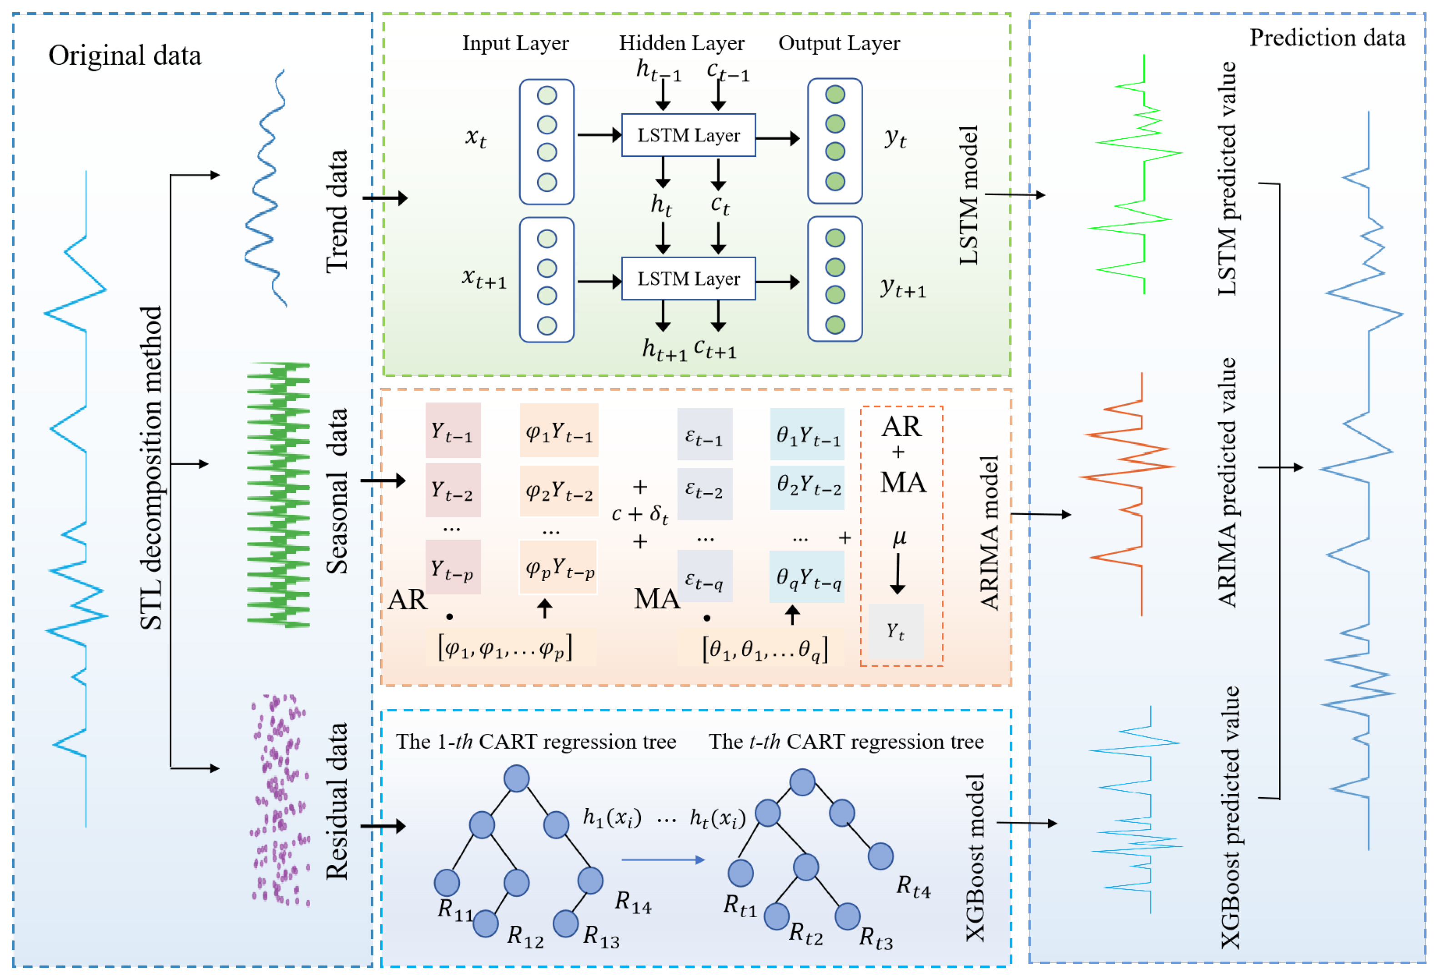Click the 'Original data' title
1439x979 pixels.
pyautogui.click(x=125, y=56)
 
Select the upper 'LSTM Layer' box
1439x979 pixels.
pyautogui.click(x=688, y=135)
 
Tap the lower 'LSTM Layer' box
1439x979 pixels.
pyautogui.click(x=688, y=279)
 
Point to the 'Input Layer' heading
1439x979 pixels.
pyautogui.click(x=515, y=43)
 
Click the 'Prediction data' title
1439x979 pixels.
pyautogui.click(x=1327, y=38)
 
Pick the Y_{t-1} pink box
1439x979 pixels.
pyautogui.click(x=453, y=430)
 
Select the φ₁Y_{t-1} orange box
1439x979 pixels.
pyautogui.click(x=558, y=430)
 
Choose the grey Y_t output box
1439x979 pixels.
pyautogui.click(x=896, y=631)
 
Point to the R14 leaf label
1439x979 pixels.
pyautogui.click(x=633, y=902)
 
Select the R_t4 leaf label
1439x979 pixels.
pyautogui.click(x=913, y=887)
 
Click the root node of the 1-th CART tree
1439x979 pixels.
pyautogui.click(x=516, y=778)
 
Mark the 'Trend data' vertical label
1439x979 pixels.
pyautogui.click(x=337, y=211)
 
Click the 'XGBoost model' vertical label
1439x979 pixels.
pyautogui.click(x=975, y=858)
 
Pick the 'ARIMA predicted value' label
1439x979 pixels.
pyautogui.click(x=1227, y=483)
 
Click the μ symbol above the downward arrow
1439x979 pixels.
pyautogui.click(x=899, y=537)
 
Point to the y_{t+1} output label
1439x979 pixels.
pyautogui.click(x=903, y=287)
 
